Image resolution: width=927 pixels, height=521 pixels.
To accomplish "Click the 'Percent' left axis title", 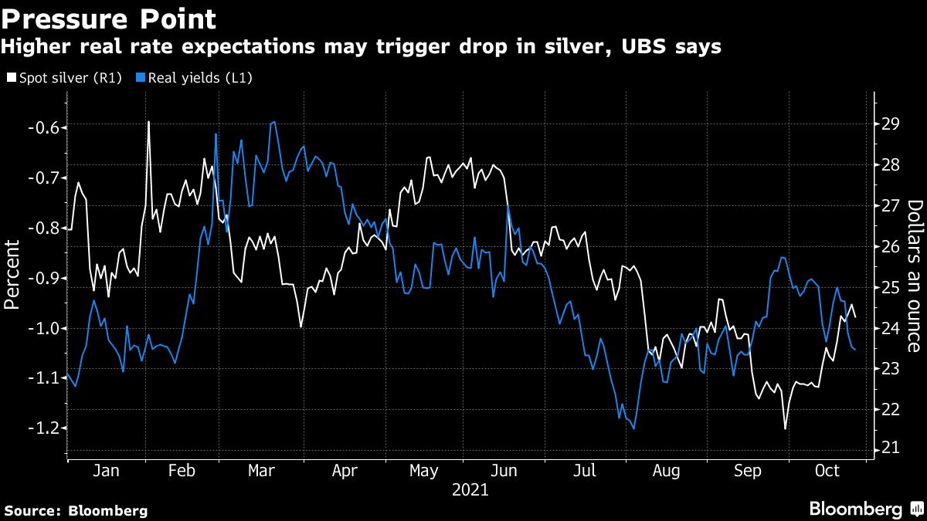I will (x=12, y=274).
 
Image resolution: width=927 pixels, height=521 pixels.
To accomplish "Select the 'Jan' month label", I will (x=105, y=471).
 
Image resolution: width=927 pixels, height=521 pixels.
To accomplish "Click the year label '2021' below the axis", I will (x=470, y=489).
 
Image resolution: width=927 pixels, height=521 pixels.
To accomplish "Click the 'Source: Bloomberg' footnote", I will (x=76, y=510).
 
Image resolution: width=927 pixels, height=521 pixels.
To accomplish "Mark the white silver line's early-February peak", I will (x=148, y=122).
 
